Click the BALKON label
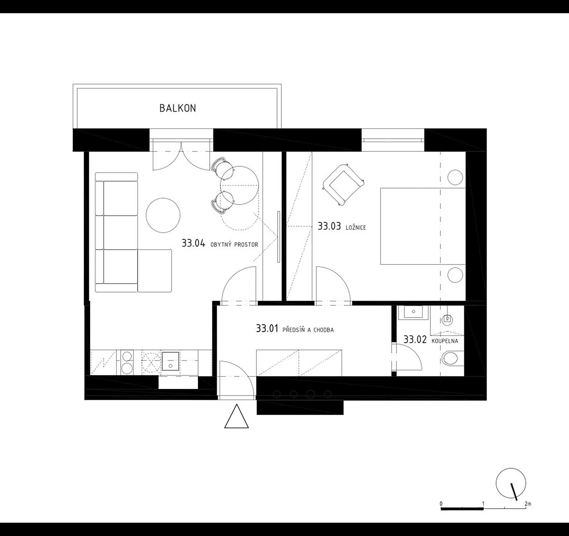tap(178, 108)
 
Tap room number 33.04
tap(193, 244)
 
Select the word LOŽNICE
tap(356, 228)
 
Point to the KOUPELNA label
tap(445, 341)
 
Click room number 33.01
tap(267, 329)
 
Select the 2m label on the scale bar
tap(528, 504)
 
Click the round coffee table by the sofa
tap(163, 215)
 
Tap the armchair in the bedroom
tap(343, 185)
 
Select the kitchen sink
tap(170, 361)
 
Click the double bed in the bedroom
tap(423, 226)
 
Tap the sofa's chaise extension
tap(155, 271)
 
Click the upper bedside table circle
tap(455, 177)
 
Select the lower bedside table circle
tap(455, 275)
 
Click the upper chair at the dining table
tap(222, 168)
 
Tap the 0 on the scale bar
tap(441, 504)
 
